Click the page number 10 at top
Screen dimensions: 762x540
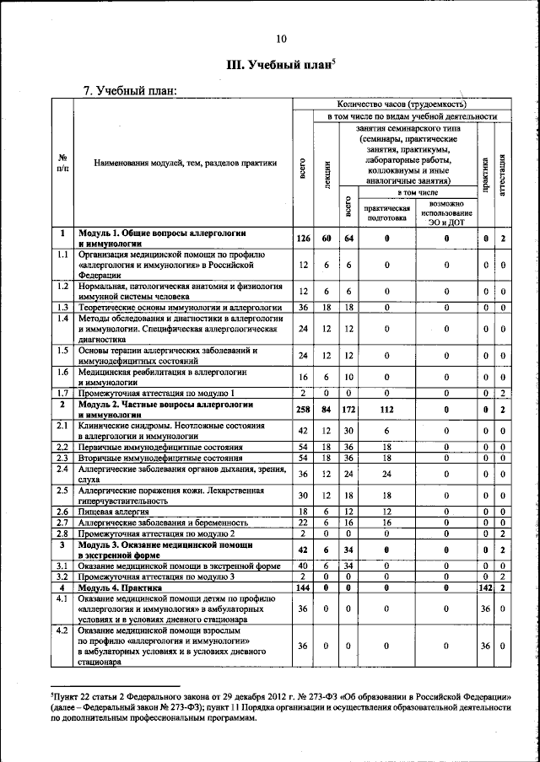(281, 38)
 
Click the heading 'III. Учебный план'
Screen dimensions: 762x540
(280, 64)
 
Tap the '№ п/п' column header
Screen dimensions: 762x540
(62, 163)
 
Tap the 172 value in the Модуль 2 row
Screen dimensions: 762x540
(348, 410)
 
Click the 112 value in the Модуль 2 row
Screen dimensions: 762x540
(386, 410)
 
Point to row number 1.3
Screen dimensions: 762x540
(62, 308)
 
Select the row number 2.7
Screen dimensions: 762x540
(62, 523)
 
